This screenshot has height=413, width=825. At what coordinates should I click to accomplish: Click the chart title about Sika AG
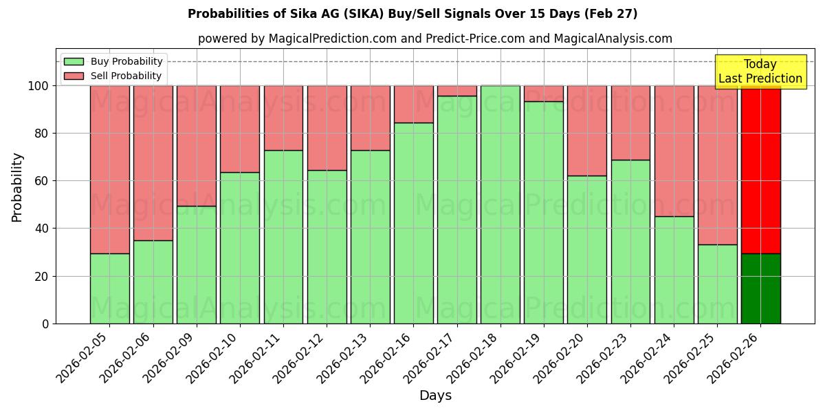click(412, 14)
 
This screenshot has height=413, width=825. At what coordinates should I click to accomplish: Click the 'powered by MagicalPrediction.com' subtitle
click(434, 39)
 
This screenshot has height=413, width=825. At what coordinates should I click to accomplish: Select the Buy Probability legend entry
click(126, 61)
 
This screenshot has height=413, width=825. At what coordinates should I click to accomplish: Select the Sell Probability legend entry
click(126, 76)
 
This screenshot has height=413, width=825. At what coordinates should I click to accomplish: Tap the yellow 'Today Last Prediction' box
click(760, 72)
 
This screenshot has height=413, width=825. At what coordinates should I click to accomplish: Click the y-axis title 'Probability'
click(17, 187)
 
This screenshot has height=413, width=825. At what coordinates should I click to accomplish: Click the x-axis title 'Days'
click(435, 396)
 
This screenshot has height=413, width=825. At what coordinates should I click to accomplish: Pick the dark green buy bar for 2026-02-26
click(760, 288)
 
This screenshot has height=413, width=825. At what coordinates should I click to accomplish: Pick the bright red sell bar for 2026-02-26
click(760, 169)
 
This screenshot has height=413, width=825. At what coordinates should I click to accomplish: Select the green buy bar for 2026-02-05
click(109, 288)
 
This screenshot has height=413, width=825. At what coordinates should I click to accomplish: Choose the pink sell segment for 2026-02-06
click(153, 162)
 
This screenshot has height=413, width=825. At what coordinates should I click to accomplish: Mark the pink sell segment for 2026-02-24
click(674, 151)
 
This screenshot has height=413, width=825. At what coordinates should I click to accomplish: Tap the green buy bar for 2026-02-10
click(240, 248)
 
